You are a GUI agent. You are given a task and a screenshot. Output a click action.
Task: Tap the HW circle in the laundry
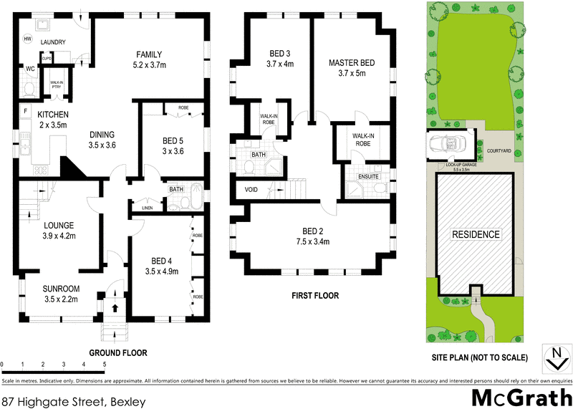tap(28, 39)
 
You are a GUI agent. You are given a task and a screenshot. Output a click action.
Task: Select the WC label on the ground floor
tap(30, 69)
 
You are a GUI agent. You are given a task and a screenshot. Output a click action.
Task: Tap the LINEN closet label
tap(148, 208)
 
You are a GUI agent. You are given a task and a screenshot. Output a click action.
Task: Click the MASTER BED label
tap(348, 68)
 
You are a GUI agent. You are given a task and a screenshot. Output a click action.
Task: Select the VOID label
tap(251, 191)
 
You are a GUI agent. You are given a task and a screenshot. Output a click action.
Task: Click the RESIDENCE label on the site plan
tap(475, 234)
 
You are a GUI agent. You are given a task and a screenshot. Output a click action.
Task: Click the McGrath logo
tap(521, 395)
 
